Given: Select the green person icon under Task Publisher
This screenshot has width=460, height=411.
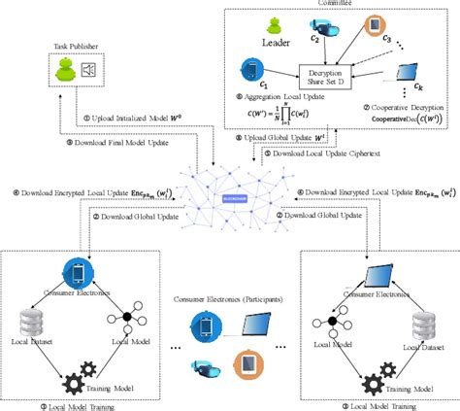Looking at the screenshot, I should (64, 69).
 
